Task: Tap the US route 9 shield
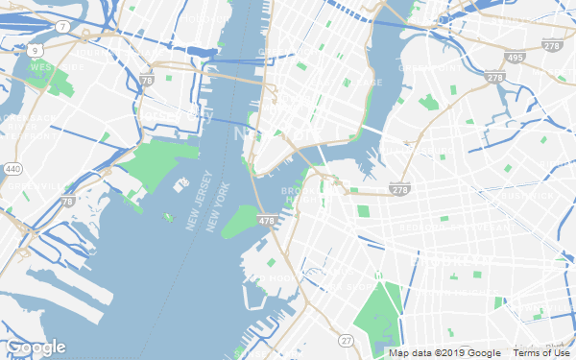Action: [36, 48]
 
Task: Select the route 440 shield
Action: [12, 169]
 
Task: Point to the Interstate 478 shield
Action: [266, 222]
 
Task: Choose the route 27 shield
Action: [346, 340]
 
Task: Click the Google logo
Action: [36, 347]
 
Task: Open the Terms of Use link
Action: [541, 353]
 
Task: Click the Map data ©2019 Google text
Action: [445, 353]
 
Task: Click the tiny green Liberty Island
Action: [169, 218]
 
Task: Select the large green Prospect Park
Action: [380, 312]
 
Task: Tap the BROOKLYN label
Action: [451, 259]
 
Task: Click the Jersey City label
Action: [173, 114]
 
